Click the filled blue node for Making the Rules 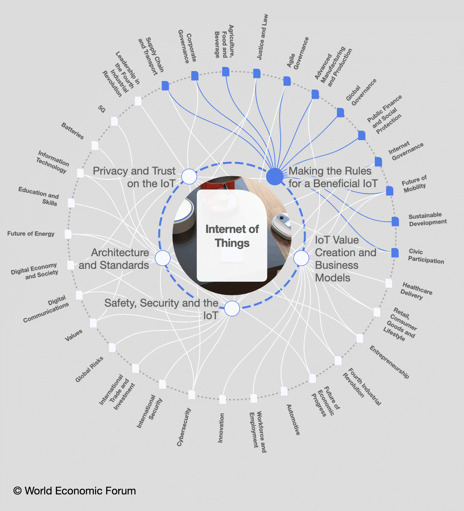click(275, 176)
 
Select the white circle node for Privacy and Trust click(189, 176)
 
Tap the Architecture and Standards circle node click(163, 258)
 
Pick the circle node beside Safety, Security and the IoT click(232, 309)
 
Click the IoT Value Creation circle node click(301, 258)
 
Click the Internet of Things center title click(232, 236)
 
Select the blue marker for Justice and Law click(257, 73)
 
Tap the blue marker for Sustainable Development click(395, 221)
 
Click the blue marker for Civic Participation click(395, 253)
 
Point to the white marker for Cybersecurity click(192, 395)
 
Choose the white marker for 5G click(114, 121)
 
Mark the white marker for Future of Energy click(68, 234)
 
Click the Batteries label click(73, 131)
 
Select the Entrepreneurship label click(389, 362)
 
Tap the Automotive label click(293, 419)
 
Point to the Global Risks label click(89, 369)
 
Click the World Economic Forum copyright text click(75, 491)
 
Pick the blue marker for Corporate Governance click(195, 76)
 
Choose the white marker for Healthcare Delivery click(389, 283)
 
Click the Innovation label click(221, 428)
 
